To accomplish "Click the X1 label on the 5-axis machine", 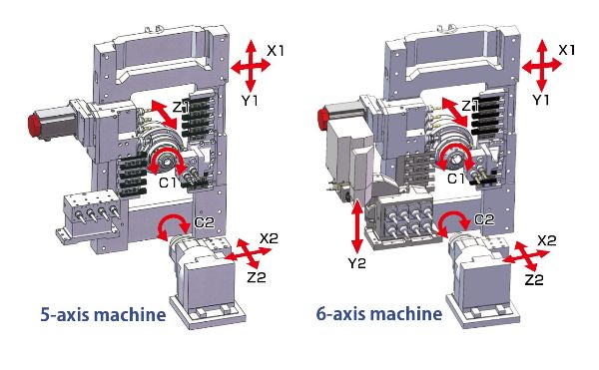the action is click(276, 50).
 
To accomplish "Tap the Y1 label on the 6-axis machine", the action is click(541, 100).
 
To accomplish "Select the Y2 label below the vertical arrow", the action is click(356, 263).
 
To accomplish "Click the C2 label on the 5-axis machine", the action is click(205, 222).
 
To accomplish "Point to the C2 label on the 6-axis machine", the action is click(484, 219).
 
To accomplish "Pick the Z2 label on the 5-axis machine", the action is click(257, 277).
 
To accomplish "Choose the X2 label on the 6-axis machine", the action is click(547, 240).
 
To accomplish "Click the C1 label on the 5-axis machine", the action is click(168, 183).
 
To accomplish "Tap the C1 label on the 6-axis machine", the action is click(456, 179).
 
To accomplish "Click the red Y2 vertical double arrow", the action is click(356, 226).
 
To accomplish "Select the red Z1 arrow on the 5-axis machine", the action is click(165, 114).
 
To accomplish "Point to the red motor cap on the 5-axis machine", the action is click(34, 125).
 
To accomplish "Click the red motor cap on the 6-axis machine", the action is click(323, 119).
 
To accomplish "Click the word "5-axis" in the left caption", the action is click(64, 315).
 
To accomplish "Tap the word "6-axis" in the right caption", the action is click(340, 314).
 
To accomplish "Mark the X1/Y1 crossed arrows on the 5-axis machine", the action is click(251, 65).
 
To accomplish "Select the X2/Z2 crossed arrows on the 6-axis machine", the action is click(526, 255).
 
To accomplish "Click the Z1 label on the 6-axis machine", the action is click(470, 106).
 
